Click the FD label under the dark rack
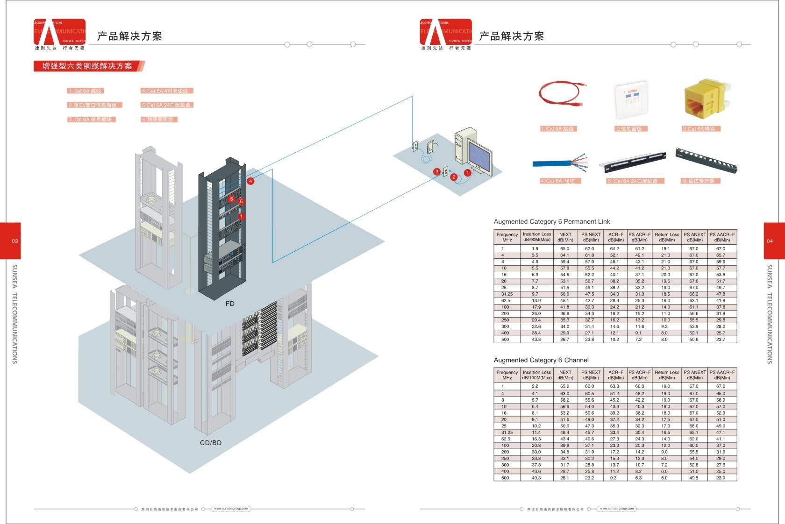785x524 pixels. pos(230,304)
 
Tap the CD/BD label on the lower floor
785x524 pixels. pos(211,443)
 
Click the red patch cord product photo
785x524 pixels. pos(560,96)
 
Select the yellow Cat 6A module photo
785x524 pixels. pos(704,99)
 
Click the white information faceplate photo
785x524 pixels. pos(631,100)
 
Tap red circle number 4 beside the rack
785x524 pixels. pos(251,181)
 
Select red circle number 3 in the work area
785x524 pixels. pos(437,172)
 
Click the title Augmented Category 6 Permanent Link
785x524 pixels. pos(552,221)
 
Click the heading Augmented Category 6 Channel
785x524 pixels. pos(541,360)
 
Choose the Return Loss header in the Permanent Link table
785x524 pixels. pos(667,237)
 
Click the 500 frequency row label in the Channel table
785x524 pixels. pos(505,478)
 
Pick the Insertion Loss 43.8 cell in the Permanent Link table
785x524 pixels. pos(536,340)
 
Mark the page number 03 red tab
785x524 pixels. pos(14,241)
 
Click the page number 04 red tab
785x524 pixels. pos(770,241)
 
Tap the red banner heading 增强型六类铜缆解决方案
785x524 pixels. pos(87,66)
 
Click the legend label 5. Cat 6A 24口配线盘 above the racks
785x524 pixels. pos(167,105)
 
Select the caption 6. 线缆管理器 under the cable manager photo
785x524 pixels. pos(700,181)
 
